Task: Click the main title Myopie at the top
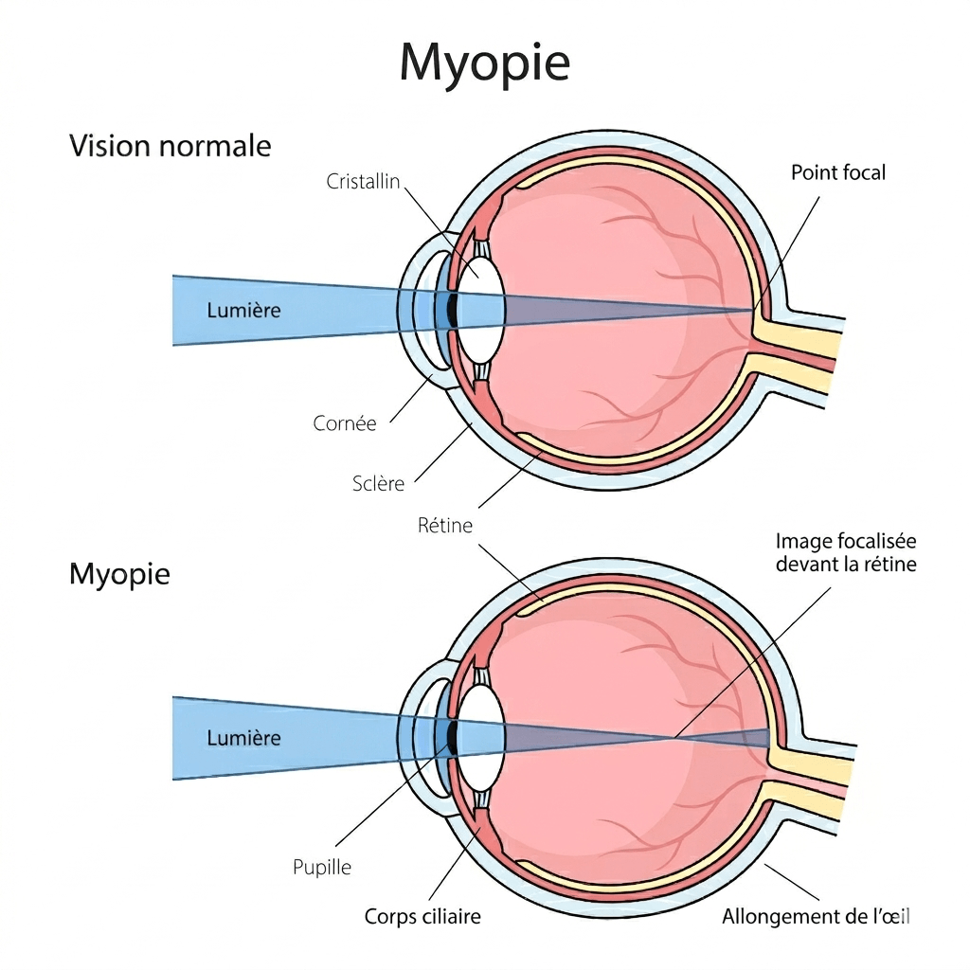tap(484, 63)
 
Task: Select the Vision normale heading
tap(171, 147)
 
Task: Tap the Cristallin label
tap(365, 181)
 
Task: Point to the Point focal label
tap(838, 172)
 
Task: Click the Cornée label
tap(345, 423)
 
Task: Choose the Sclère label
tap(378, 484)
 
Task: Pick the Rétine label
tap(445, 525)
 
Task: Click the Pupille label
tap(322, 867)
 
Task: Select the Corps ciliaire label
tap(422, 917)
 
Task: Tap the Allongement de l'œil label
tap(816, 917)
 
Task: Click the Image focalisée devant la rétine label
tap(846, 553)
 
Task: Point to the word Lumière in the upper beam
tap(243, 310)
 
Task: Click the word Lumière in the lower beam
tap(243, 738)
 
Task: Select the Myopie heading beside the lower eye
tap(119, 574)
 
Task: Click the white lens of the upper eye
tap(482, 284)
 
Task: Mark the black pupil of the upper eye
tap(454, 310)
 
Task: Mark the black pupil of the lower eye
tap(454, 736)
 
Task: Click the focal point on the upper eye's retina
tap(754, 310)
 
